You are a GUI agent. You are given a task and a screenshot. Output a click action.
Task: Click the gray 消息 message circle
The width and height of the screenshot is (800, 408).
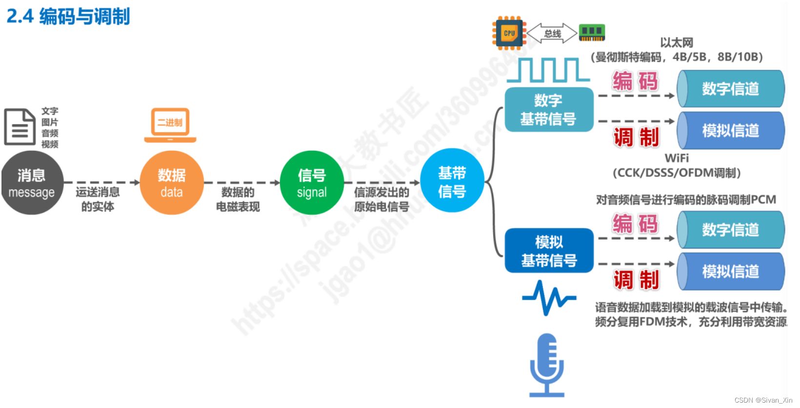(32, 183)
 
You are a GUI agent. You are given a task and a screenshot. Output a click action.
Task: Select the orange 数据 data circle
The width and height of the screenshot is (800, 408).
(171, 183)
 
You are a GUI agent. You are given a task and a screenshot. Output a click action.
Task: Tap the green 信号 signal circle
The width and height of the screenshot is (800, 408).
(312, 183)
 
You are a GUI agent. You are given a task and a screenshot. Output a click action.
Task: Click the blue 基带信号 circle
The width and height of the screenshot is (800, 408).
(452, 181)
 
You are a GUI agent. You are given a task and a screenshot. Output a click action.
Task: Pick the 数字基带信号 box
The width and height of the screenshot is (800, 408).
(548, 110)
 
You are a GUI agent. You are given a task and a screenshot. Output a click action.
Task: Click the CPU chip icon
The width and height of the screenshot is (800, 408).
(509, 33)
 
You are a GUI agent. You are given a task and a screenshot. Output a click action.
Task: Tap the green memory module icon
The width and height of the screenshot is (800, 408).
(592, 33)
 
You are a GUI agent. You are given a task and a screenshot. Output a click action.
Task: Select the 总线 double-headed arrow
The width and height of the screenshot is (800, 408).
(552, 33)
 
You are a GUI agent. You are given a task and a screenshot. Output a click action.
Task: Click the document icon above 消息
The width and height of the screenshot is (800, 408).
(20, 127)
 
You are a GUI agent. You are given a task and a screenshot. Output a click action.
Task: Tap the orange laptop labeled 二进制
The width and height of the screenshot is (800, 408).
(170, 125)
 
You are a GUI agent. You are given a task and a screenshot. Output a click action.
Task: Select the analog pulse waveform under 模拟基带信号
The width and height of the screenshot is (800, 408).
(549, 297)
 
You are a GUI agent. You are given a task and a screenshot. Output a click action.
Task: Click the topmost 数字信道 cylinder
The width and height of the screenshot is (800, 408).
(730, 89)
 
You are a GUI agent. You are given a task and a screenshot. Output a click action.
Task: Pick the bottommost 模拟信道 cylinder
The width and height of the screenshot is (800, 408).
(730, 271)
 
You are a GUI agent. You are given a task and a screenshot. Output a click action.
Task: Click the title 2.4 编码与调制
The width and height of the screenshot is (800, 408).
(68, 17)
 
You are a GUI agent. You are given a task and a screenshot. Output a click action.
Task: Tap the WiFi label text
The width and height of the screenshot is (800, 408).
(677, 158)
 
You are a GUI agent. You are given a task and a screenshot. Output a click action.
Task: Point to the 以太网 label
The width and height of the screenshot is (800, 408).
(676, 42)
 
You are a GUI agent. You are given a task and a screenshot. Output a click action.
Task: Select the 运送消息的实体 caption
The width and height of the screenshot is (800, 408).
(98, 199)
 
